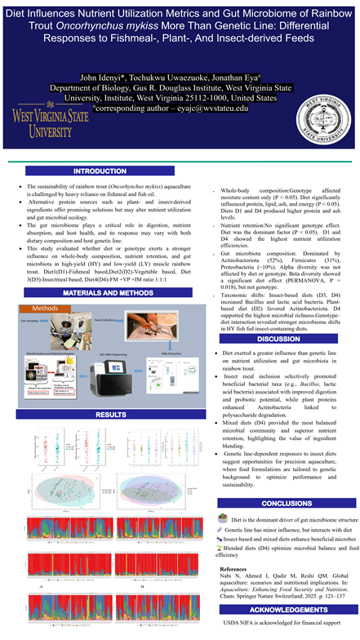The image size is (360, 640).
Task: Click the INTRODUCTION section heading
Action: [100, 171]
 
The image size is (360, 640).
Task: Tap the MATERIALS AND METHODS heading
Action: [100, 291]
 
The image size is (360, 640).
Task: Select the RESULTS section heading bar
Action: [100, 415]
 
